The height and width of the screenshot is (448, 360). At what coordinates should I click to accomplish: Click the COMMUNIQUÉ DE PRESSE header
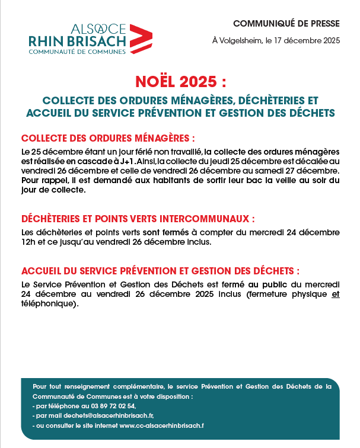pos(286,24)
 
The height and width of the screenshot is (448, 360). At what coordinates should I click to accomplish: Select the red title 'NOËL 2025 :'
pos(180,81)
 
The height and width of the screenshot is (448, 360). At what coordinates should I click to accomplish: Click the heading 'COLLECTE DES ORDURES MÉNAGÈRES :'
pos(108,138)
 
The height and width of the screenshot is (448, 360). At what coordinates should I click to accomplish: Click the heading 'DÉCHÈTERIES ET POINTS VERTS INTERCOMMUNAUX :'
pos(138,218)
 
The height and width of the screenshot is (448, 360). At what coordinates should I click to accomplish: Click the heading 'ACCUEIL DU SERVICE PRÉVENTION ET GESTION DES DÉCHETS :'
pos(160,271)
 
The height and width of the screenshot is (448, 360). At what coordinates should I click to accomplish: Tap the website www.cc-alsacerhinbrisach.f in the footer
pos(162,425)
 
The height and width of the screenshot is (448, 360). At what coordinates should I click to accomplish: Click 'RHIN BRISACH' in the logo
pos(77,40)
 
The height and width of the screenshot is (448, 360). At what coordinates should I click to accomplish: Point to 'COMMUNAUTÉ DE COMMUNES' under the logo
pos(77,52)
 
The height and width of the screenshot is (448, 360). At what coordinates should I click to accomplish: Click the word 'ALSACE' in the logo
pos(98,28)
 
